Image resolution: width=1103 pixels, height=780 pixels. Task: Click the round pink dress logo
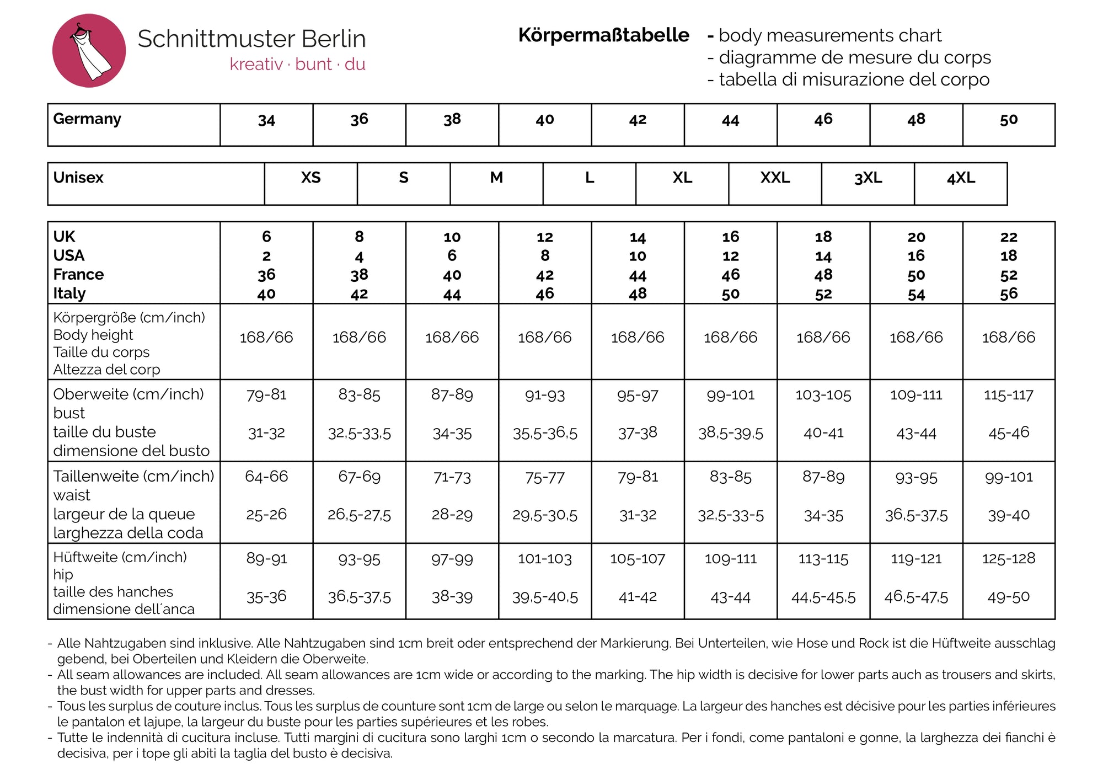pos(89,51)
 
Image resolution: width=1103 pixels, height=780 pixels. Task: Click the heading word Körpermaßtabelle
pos(603,35)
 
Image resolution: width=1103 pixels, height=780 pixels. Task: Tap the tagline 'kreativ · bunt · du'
pos(297,65)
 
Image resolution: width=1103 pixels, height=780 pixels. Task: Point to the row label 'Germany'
pos(87,119)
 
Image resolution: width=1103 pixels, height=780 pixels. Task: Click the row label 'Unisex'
pos(78,178)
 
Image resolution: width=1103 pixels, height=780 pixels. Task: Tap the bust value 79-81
pos(266,395)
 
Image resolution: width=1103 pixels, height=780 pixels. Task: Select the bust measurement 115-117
pos(1008,395)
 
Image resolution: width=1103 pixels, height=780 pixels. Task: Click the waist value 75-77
pos(545,477)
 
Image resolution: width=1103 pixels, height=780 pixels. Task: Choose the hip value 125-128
pos(1008,559)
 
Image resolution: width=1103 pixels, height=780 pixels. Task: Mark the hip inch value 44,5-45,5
pos(823,597)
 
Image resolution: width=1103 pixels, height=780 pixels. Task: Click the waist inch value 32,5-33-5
pos(731,516)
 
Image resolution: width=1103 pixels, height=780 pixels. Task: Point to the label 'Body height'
pos(93,335)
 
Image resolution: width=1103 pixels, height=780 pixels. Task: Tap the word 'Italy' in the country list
pos(69,293)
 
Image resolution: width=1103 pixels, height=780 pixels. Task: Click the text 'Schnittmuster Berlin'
pos(251,39)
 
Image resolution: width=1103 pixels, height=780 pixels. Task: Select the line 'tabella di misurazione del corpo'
pos(854,79)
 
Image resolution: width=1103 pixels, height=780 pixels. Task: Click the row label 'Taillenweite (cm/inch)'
pos(133,476)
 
